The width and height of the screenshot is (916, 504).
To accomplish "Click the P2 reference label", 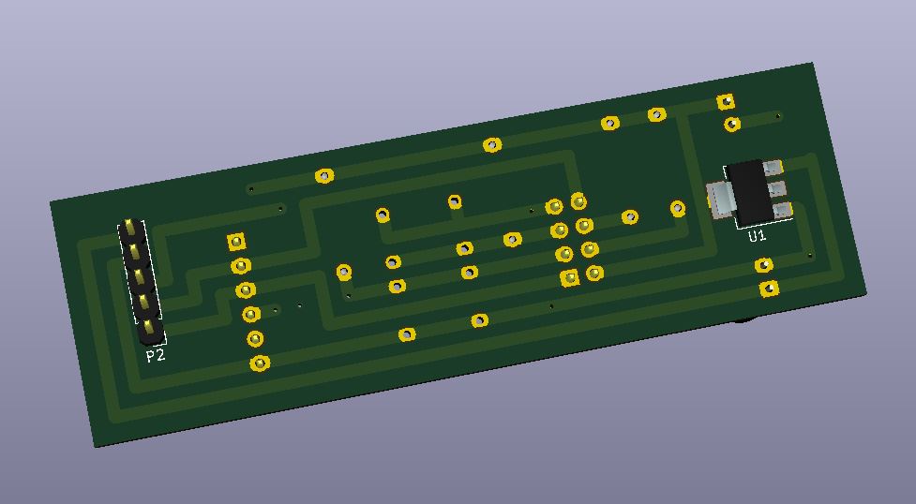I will [x=155, y=356].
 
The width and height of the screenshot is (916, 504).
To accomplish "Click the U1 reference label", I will [x=757, y=236].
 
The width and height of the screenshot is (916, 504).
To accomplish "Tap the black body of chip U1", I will [x=749, y=191].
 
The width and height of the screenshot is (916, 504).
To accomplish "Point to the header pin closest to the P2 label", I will [x=149, y=324].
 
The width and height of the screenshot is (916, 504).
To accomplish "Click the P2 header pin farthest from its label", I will [x=129, y=228].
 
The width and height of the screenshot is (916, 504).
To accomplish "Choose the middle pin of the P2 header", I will [x=139, y=275].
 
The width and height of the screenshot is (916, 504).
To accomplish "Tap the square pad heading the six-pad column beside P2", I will [x=236, y=242].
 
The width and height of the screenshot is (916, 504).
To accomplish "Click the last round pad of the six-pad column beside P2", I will [x=260, y=363].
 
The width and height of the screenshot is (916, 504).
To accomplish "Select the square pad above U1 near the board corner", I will [x=726, y=101].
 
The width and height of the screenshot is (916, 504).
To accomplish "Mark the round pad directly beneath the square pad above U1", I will [x=731, y=124].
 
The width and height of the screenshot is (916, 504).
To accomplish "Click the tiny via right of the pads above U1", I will [x=778, y=116].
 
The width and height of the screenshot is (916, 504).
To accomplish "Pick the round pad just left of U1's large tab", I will [x=677, y=208].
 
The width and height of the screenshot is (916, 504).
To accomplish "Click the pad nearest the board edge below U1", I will [x=769, y=288].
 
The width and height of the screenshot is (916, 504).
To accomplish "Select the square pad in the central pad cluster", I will [x=569, y=277].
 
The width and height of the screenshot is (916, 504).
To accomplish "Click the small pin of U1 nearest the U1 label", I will [x=783, y=210].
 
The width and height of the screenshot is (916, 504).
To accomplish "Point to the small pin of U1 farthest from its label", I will [x=773, y=169].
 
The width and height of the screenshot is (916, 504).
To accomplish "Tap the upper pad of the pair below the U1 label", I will [x=764, y=266].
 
